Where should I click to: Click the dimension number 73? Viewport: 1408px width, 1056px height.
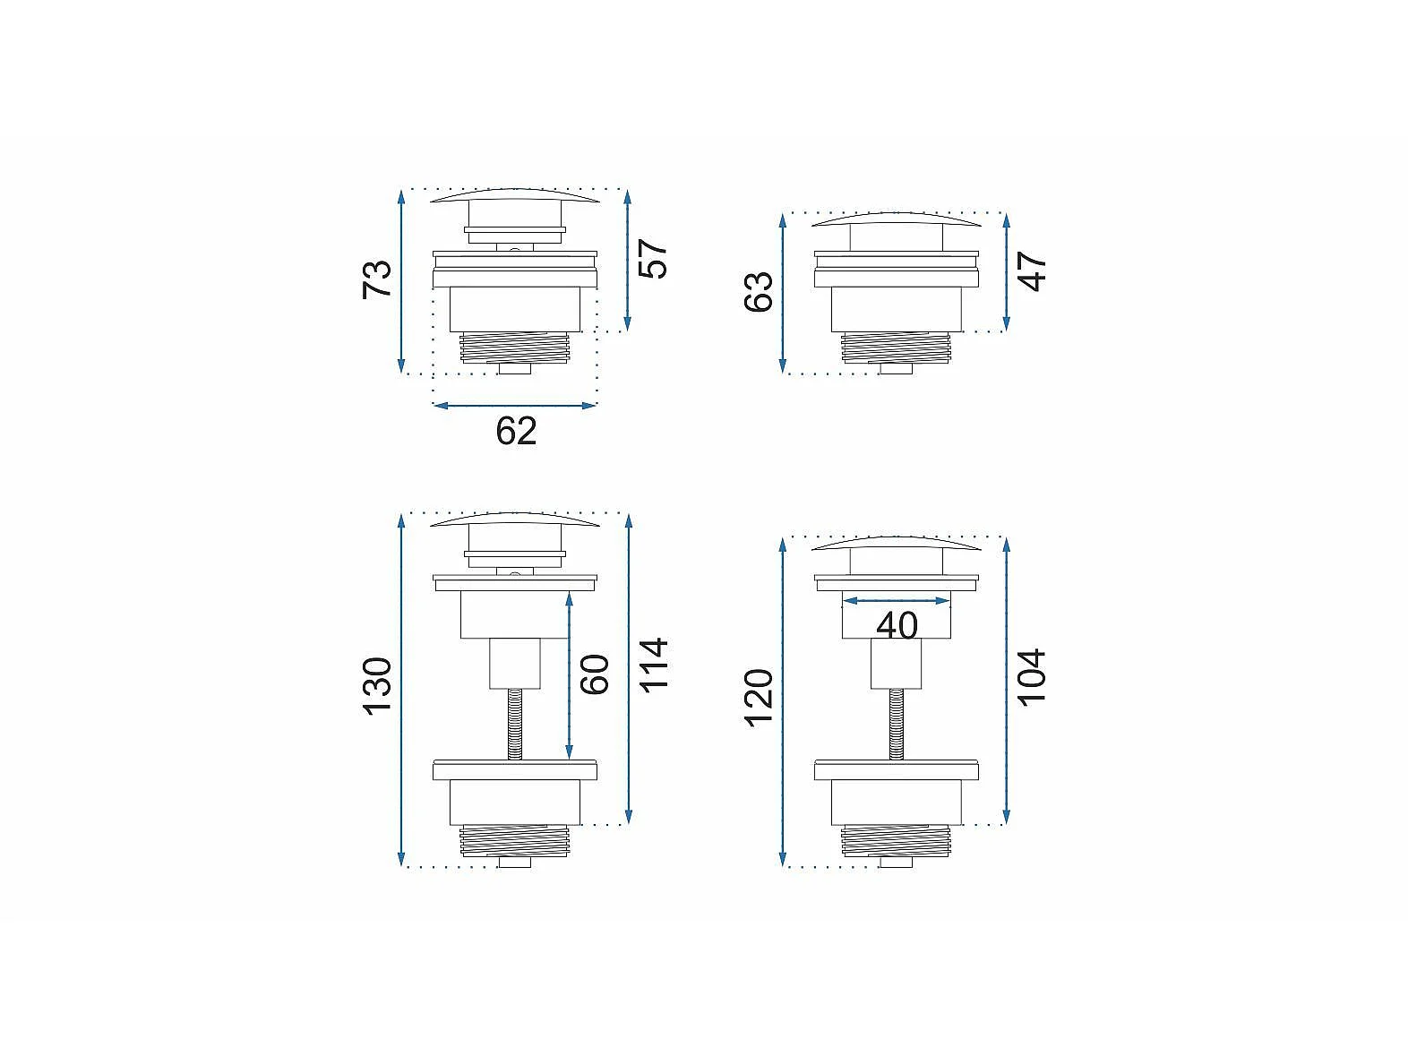tap(376, 279)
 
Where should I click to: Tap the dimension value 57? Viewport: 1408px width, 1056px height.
tap(653, 258)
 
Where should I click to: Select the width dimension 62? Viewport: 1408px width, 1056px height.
tap(516, 431)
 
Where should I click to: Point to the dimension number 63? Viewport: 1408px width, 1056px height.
tap(759, 292)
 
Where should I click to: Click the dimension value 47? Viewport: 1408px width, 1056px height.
tap(1033, 271)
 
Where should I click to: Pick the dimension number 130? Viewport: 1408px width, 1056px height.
tap(376, 686)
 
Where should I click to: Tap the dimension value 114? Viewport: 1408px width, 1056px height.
tap(654, 665)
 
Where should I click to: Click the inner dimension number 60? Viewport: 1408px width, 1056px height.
tap(594, 674)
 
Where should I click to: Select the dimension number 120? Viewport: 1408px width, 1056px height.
tap(759, 698)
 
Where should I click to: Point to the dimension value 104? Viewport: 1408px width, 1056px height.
tap(1033, 678)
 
